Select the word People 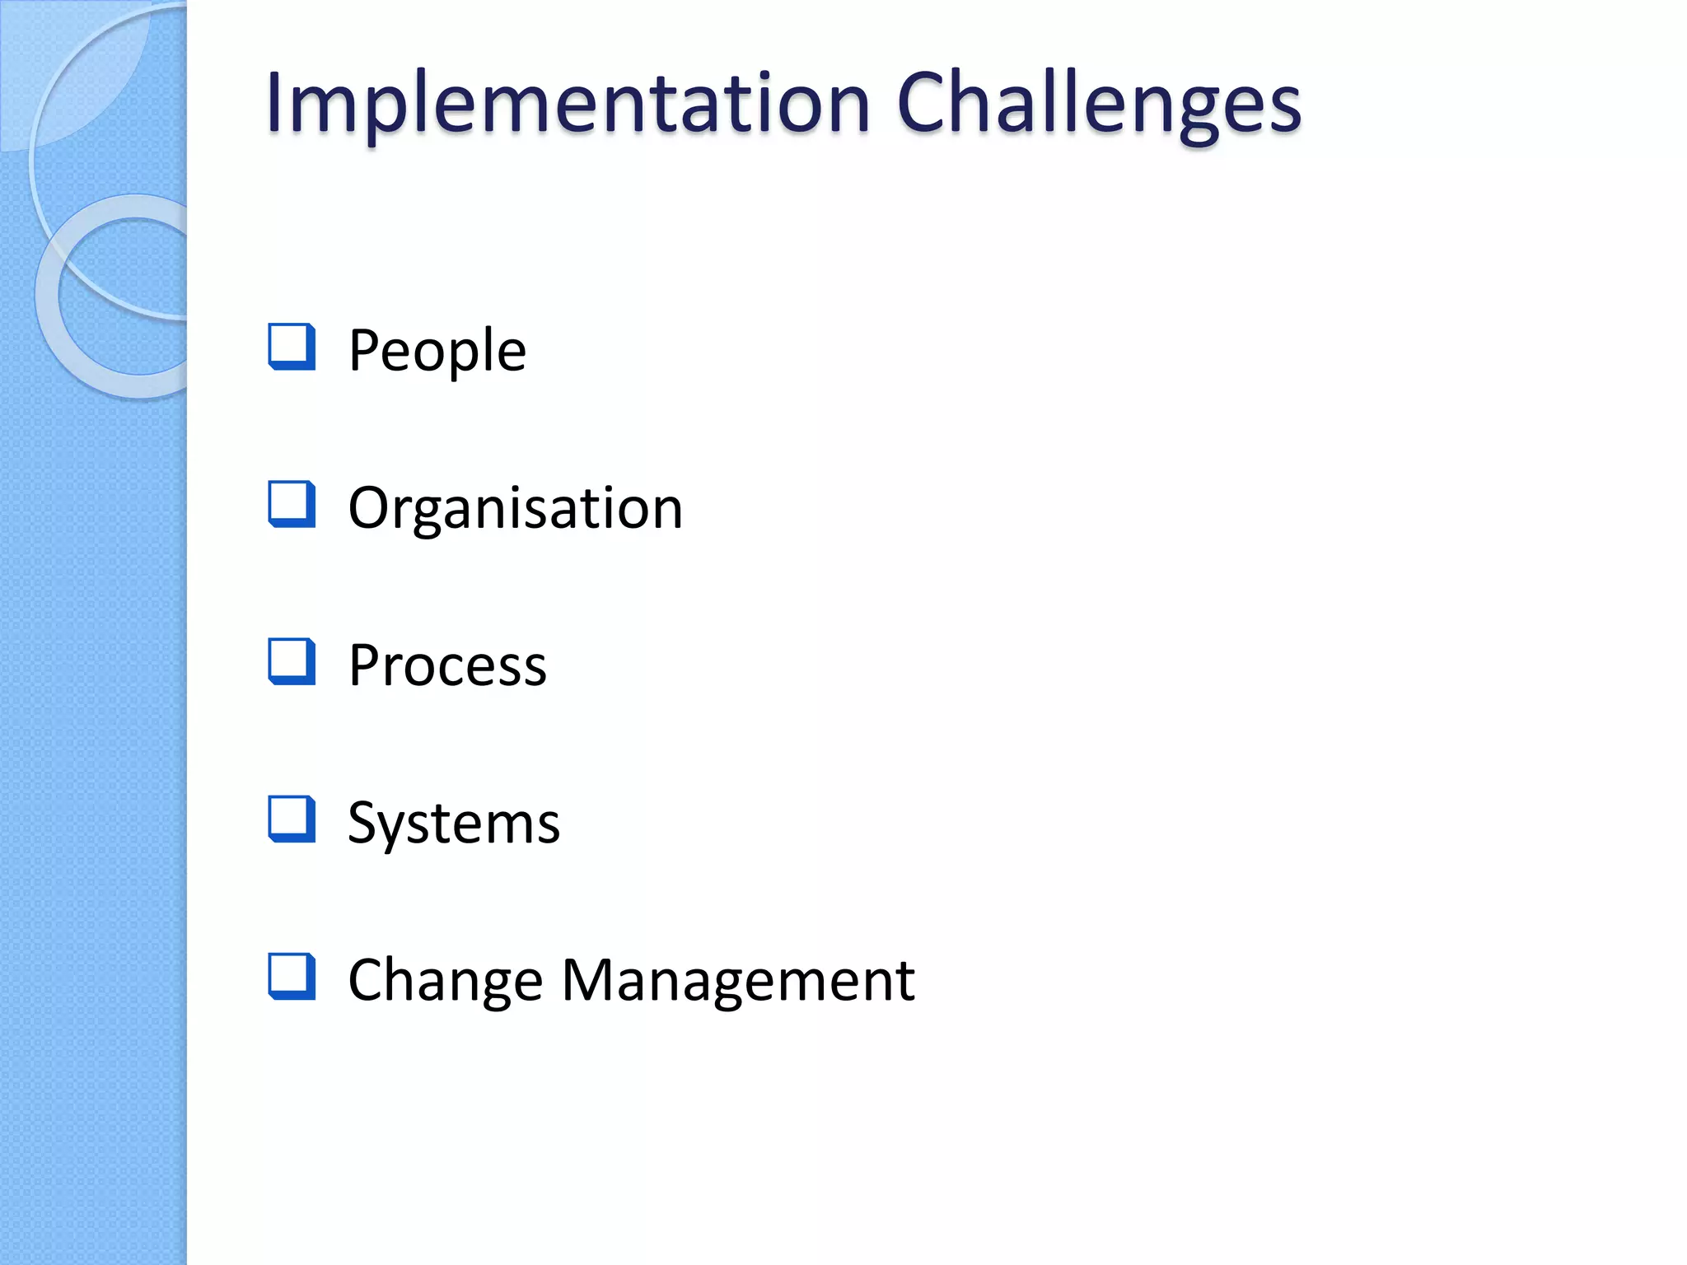[437, 350]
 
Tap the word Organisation [515, 507]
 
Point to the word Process [447, 665]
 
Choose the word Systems [454, 822]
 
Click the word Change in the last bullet [445, 980]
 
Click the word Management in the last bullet [738, 980]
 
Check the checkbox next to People [292, 347]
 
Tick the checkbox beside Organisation [292, 504]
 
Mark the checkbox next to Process [292, 661]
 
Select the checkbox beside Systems [292, 819]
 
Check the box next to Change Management [292, 977]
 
